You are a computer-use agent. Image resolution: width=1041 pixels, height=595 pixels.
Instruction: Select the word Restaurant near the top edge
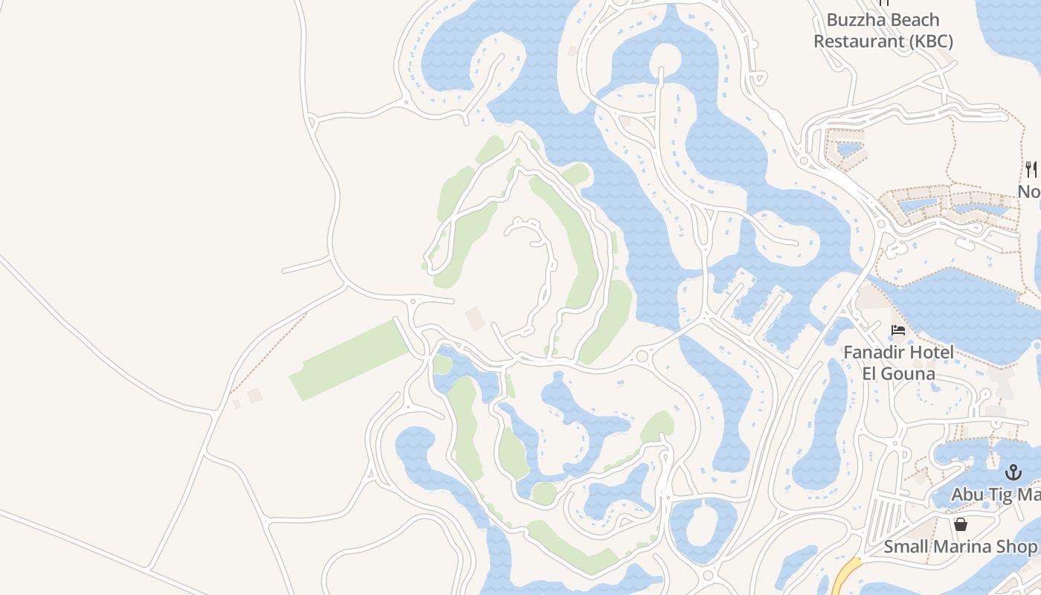pyautogui.click(x=859, y=41)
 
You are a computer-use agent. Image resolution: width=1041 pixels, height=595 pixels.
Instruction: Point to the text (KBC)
pyautogui.click(x=932, y=41)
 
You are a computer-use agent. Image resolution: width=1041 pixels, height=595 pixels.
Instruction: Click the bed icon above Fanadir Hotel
pyautogui.click(x=898, y=329)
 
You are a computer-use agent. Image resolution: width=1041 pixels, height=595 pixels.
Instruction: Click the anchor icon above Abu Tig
pyautogui.click(x=1013, y=472)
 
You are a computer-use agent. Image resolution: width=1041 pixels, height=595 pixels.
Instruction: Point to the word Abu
pyautogui.click(x=968, y=495)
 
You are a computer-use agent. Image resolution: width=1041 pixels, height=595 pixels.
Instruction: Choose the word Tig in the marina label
pyautogui.click(x=1003, y=495)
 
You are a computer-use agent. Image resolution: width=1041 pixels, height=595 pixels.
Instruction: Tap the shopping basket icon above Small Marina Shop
pyautogui.click(x=961, y=524)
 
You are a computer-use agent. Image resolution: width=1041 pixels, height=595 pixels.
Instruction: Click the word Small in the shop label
pyautogui.click(x=906, y=547)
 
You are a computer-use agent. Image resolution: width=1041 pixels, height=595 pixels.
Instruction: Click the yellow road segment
pyautogui.click(x=845, y=576)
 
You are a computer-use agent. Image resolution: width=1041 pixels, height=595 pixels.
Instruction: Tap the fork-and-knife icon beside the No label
pyautogui.click(x=1031, y=170)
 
